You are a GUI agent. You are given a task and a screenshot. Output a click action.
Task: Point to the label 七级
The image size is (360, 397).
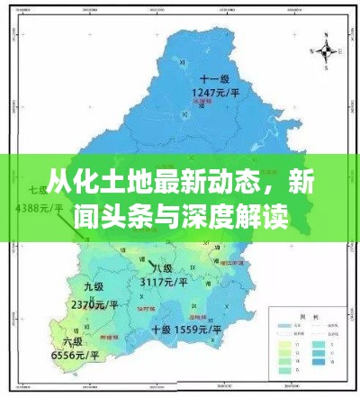(x=38, y=190)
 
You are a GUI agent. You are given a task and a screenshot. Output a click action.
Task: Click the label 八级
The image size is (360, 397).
(x=162, y=268)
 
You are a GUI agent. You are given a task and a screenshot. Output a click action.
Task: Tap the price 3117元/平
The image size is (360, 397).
(x=164, y=282)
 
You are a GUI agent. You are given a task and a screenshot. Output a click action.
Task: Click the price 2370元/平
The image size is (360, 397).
(x=94, y=304)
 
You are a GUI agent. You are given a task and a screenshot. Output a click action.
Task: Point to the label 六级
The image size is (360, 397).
(x=73, y=342)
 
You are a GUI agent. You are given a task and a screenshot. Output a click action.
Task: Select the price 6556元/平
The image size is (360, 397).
(x=75, y=356)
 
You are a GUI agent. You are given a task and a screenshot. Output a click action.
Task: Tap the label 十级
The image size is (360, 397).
(x=162, y=329)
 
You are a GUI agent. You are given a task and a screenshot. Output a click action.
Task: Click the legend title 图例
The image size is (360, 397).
(x=309, y=316)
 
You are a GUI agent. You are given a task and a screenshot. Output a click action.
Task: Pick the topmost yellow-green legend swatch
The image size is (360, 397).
(x=283, y=344)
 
